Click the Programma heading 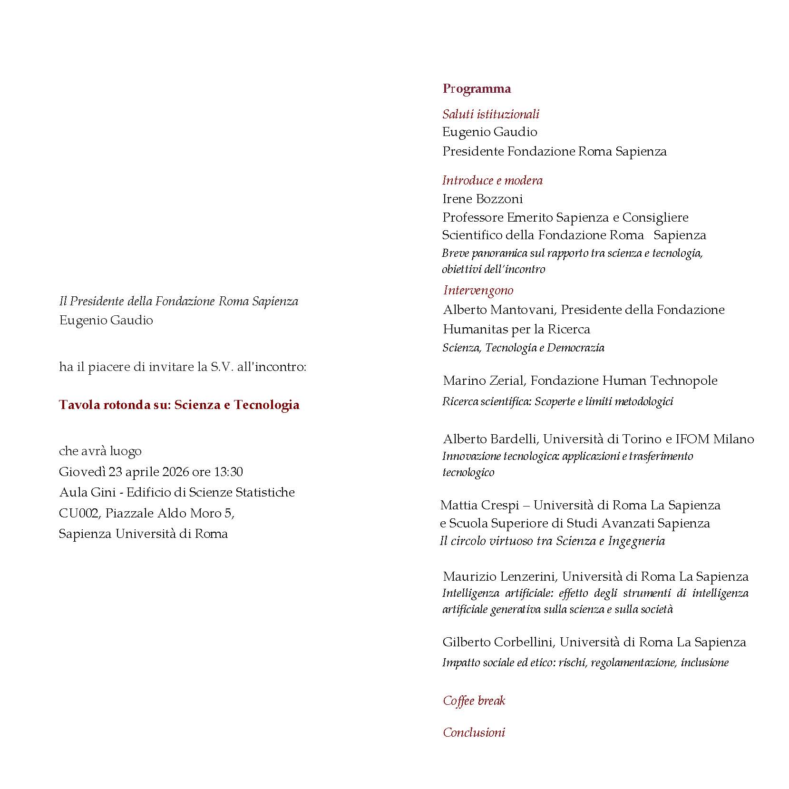477,89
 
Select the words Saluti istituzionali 491,114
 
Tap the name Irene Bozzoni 482,199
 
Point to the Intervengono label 478,290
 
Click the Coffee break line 474,701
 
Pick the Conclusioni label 474,732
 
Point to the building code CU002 79,513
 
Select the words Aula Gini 88,492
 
